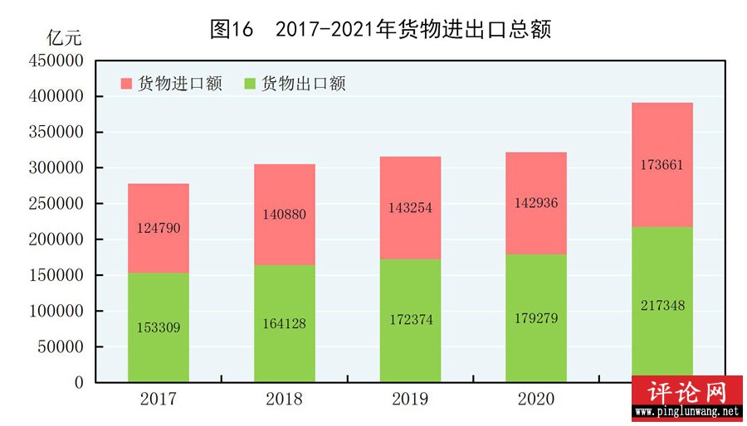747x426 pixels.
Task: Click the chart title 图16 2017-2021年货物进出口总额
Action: coord(380,30)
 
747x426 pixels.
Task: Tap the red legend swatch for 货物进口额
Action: coord(126,84)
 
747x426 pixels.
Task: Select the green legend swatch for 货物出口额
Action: coord(251,84)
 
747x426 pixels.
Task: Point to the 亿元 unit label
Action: coord(65,38)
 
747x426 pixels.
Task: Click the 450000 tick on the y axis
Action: coord(56,61)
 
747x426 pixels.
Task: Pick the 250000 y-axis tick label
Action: coord(56,204)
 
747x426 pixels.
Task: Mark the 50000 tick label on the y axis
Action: coord(60,347)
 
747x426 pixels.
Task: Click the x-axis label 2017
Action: coord(159,399)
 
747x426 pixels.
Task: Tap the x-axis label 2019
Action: coord(411,399)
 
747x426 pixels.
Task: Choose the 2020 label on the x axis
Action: coord(536,399)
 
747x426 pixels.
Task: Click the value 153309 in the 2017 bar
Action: coord(159,327)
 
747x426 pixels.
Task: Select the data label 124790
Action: coord(159,228)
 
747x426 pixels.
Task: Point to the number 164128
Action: coord(285,323)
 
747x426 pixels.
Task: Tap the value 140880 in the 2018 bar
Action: coord(285,214)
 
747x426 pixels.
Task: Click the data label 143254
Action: coord(411,208)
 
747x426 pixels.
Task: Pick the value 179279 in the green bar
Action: coord(536,317)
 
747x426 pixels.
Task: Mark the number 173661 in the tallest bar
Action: coord(662,165)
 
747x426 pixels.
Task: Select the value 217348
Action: coord(662,306)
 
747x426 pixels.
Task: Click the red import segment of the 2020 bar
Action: coord(536,182)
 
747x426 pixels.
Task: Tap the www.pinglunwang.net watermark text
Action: coord(686,411)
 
